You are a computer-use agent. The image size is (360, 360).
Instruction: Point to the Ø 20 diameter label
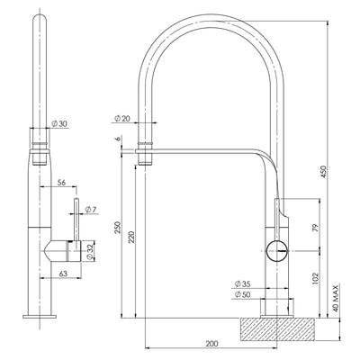pyautogui.click(x=123, y=118)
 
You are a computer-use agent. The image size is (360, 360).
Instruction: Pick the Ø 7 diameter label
pyautogui.click(x=91, y=210)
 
